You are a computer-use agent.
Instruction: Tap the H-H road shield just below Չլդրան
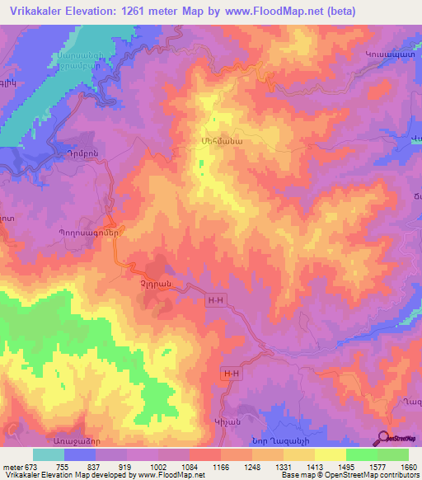click(215, 302)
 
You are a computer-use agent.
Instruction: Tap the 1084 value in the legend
click(195, 467)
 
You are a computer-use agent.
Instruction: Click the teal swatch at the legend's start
click(48, 454)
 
